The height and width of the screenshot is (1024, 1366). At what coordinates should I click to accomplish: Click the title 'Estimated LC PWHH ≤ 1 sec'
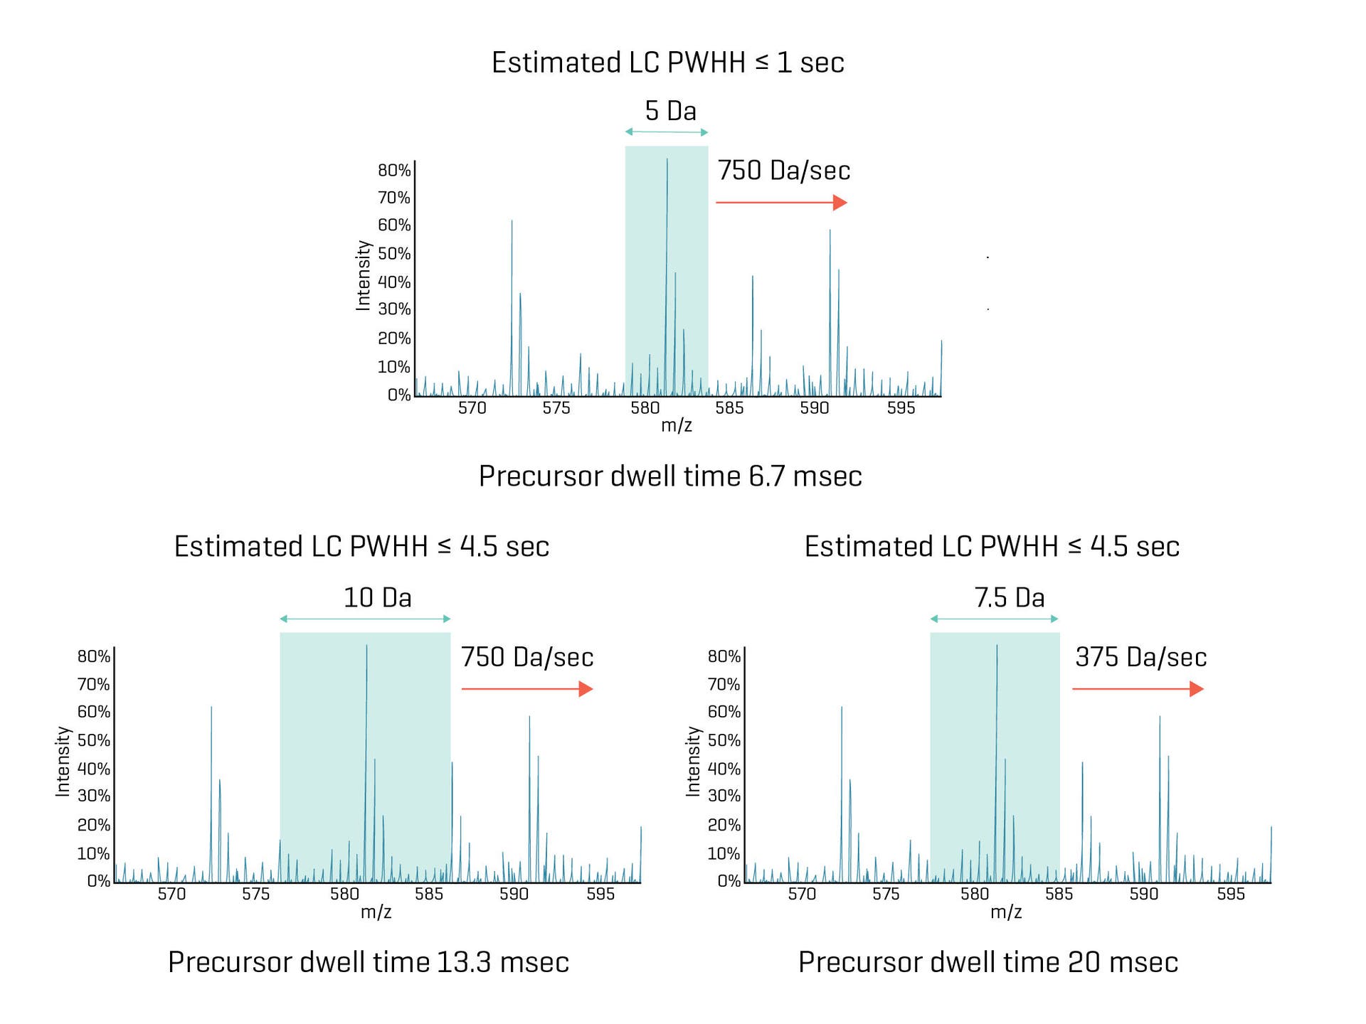[667, 63]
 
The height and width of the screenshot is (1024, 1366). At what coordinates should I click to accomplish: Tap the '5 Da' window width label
[670, 111]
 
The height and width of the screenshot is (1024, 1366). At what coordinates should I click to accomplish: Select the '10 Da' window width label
[377, 597]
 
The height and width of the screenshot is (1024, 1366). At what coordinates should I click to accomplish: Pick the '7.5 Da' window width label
[1009, 597]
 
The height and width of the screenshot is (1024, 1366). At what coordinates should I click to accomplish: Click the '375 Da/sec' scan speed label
[1140, 657]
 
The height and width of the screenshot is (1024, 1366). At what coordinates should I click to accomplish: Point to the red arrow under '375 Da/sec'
[1138, 688]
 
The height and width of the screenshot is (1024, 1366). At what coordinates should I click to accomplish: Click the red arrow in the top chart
[781, 203]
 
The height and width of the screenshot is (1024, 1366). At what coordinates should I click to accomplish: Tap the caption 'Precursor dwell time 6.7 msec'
[670, 476]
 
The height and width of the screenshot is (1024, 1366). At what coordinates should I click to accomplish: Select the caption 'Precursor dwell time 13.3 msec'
[369, 962]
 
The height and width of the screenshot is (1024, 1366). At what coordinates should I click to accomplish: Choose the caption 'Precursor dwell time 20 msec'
[988, 962]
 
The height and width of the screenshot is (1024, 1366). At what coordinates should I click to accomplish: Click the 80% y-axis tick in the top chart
[394, 170]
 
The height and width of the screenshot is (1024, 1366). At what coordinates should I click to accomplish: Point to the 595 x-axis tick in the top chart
[901, 408]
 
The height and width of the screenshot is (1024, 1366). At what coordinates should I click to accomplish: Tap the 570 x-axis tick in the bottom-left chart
[171, 894]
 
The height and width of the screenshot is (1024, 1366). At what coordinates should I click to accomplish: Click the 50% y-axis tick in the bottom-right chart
[724, 740]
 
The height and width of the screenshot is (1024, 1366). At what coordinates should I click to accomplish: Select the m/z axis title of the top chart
[676, 425]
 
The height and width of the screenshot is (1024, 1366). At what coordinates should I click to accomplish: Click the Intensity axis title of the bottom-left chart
[63, 761]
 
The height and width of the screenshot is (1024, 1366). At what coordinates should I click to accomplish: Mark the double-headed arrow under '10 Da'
[365, 619]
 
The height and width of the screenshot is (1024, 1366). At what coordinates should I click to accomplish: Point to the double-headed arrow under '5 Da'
[667, 132]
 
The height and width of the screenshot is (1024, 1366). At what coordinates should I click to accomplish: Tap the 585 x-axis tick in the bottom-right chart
[1059, 894]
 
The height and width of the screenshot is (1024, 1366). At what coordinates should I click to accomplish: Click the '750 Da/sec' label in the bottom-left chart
[527, 657]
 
